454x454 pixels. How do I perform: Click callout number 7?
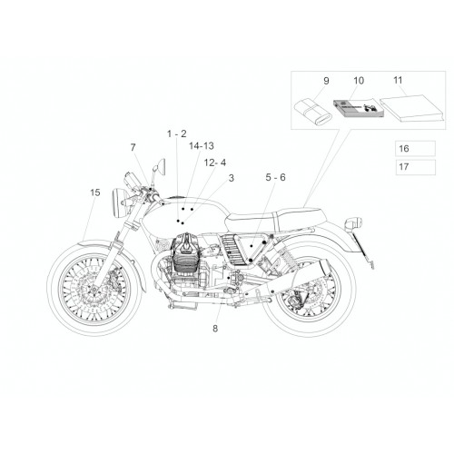point(133,147)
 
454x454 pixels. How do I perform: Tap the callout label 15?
point(95,192)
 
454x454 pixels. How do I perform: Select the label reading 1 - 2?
point(177,133)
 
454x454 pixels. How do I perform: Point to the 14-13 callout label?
point(202,146)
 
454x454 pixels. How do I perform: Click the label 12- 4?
point(215,163)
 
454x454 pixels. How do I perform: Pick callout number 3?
point(232,178)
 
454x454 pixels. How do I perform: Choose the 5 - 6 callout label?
point(275,177)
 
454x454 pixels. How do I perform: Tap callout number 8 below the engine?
point(215,329)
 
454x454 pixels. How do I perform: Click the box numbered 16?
point(415,148)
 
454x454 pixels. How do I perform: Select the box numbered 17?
point(415,167)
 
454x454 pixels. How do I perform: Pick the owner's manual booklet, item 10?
point(359,108)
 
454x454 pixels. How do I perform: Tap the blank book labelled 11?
point(412,108)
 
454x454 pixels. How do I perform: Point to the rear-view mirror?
point(161,166)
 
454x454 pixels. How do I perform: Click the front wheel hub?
point(94,290)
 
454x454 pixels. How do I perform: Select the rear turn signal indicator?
point(353,223)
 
